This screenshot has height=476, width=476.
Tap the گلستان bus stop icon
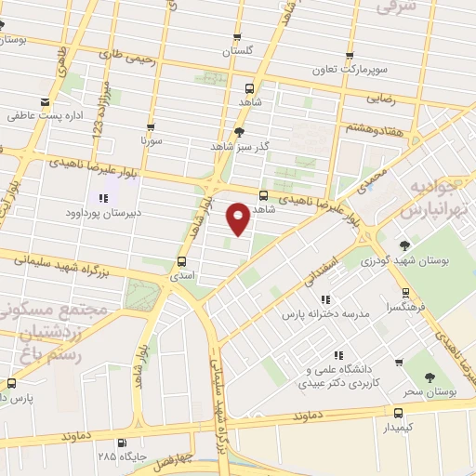237,38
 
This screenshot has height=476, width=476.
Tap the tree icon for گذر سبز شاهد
239,132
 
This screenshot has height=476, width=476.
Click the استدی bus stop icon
182,262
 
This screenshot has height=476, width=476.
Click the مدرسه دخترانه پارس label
326,314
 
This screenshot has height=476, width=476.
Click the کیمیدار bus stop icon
399,414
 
